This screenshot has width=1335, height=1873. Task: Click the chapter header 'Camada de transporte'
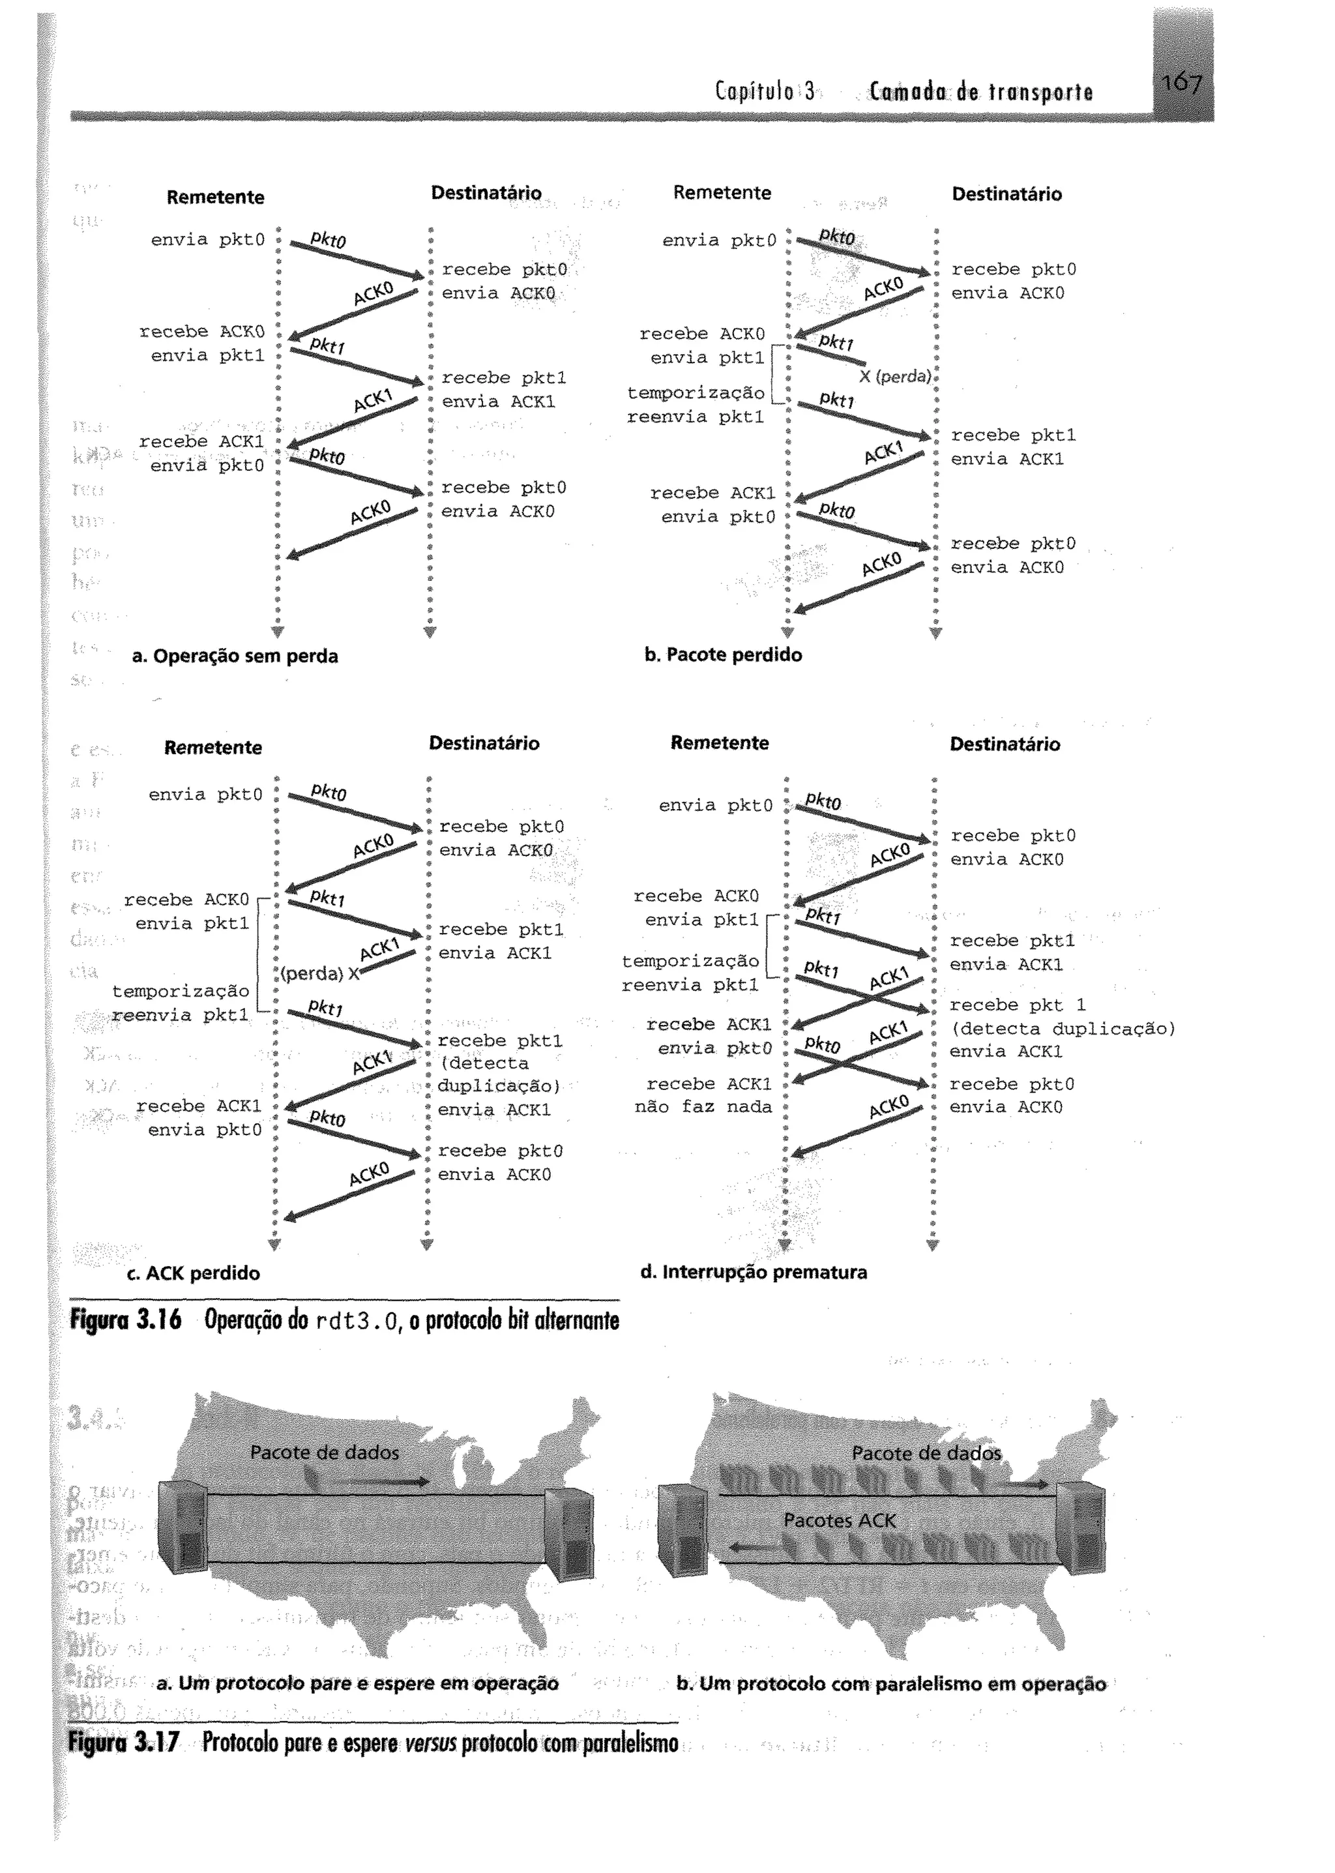point(980,92)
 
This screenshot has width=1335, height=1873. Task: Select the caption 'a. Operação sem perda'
point(235,656)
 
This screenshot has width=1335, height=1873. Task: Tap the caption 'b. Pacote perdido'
point(722,655)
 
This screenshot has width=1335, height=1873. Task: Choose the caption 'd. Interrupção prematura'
point(754,1272)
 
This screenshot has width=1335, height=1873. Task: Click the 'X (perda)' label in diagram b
point(895,377)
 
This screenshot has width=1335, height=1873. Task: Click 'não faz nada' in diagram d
point(703,1107)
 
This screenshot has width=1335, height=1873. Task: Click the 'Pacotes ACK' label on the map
point(840,1520)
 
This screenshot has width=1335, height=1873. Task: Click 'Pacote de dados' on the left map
point(325,1452)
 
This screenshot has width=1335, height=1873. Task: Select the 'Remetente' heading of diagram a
point(215,198)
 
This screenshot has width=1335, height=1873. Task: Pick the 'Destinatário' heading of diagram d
point(1005,744)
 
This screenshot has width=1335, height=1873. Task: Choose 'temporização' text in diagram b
point(696,393)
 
